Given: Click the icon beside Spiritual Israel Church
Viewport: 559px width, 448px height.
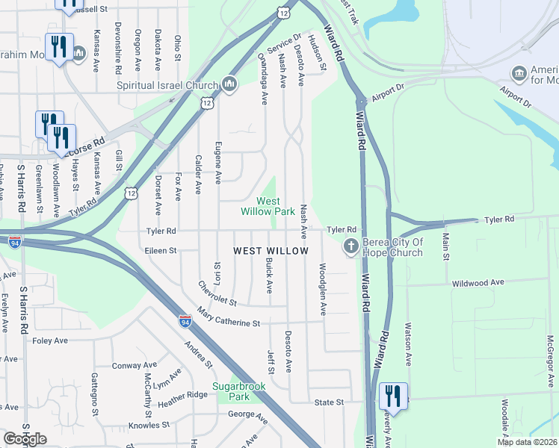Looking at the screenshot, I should pos(229,84).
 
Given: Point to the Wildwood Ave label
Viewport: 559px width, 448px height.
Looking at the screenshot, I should pos(478,283).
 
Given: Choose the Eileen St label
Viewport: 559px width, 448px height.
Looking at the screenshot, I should pos(161,251).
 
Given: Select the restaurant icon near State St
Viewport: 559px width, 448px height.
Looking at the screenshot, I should pos(393,396).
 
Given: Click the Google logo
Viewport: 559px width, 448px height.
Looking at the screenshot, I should pos(25,438).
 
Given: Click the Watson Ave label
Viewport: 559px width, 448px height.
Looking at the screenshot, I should pos(408,344).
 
